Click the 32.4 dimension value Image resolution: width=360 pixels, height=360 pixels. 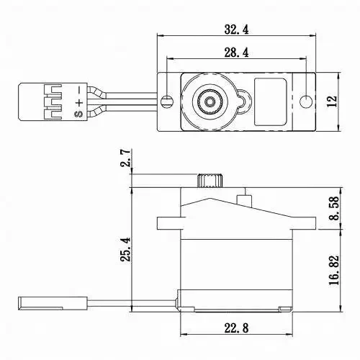236,30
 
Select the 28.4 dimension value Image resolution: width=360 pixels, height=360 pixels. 236,53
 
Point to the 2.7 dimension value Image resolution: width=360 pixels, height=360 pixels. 125,158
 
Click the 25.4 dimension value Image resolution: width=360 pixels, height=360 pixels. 125,250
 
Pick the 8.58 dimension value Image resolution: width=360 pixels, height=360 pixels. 334,208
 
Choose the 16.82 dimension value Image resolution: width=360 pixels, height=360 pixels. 334,270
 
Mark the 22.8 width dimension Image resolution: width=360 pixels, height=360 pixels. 236,328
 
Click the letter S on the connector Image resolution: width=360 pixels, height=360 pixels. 79,114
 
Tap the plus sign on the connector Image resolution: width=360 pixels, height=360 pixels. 79,103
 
